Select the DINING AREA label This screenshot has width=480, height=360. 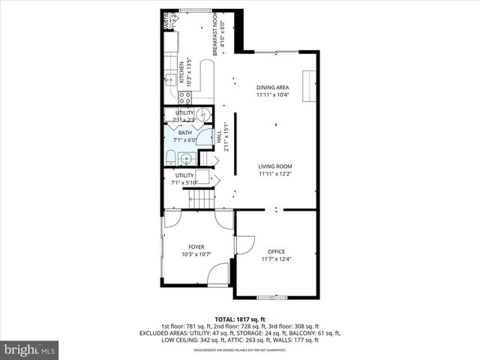(273, 88)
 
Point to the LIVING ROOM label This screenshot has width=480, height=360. (275, 166)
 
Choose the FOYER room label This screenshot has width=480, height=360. (196, 246)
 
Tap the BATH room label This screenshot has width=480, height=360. (184, 132)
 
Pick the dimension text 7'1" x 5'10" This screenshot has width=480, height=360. (184, 182)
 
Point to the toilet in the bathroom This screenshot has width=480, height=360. (171, 157)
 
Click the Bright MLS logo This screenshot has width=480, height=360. (30, 349)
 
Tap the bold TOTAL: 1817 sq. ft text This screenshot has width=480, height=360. (240, 319)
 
